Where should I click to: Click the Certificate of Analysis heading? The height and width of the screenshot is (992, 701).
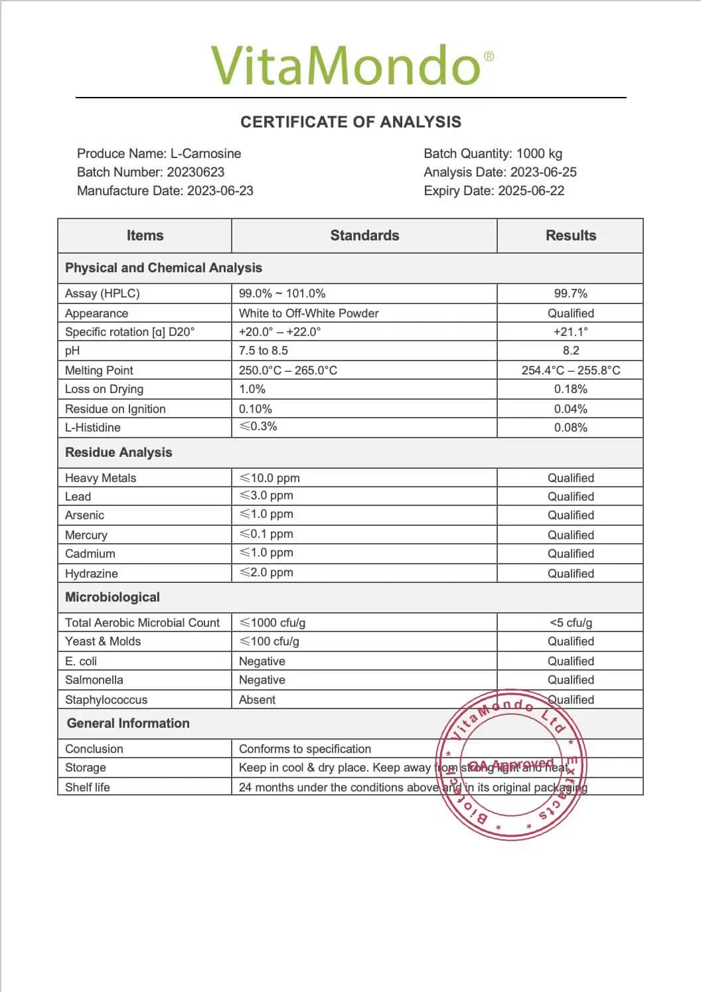[350, 122]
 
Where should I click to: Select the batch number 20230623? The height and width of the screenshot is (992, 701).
[196, 172]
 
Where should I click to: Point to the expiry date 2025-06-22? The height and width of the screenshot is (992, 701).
[530, 191]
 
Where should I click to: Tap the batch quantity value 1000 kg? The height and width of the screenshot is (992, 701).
[539, 153]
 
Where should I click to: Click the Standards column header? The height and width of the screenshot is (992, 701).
[364, 236]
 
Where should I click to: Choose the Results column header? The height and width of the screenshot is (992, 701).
[570, 236]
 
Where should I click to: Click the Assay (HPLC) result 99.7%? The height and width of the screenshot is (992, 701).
[570, 293]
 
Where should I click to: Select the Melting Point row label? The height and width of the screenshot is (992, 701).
[99, 371]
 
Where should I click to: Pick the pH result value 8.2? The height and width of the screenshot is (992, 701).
[570, 351]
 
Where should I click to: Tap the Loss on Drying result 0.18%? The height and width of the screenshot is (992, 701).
[570, 389]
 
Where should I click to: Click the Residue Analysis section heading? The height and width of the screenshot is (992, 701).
[118, 453]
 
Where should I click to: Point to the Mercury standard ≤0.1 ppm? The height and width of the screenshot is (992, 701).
[266, 534]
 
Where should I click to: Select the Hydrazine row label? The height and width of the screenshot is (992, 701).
[92, 574]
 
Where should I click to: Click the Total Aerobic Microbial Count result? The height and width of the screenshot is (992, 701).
[570, 623]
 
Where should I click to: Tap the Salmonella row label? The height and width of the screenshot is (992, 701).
[94, 680]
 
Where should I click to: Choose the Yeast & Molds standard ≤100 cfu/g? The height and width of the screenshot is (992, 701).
[270, 641]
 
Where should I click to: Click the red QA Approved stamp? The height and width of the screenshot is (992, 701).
[511, 765]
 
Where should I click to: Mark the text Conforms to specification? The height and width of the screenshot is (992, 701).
[305, 749]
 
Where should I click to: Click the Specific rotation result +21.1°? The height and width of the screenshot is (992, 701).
[570, 332]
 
